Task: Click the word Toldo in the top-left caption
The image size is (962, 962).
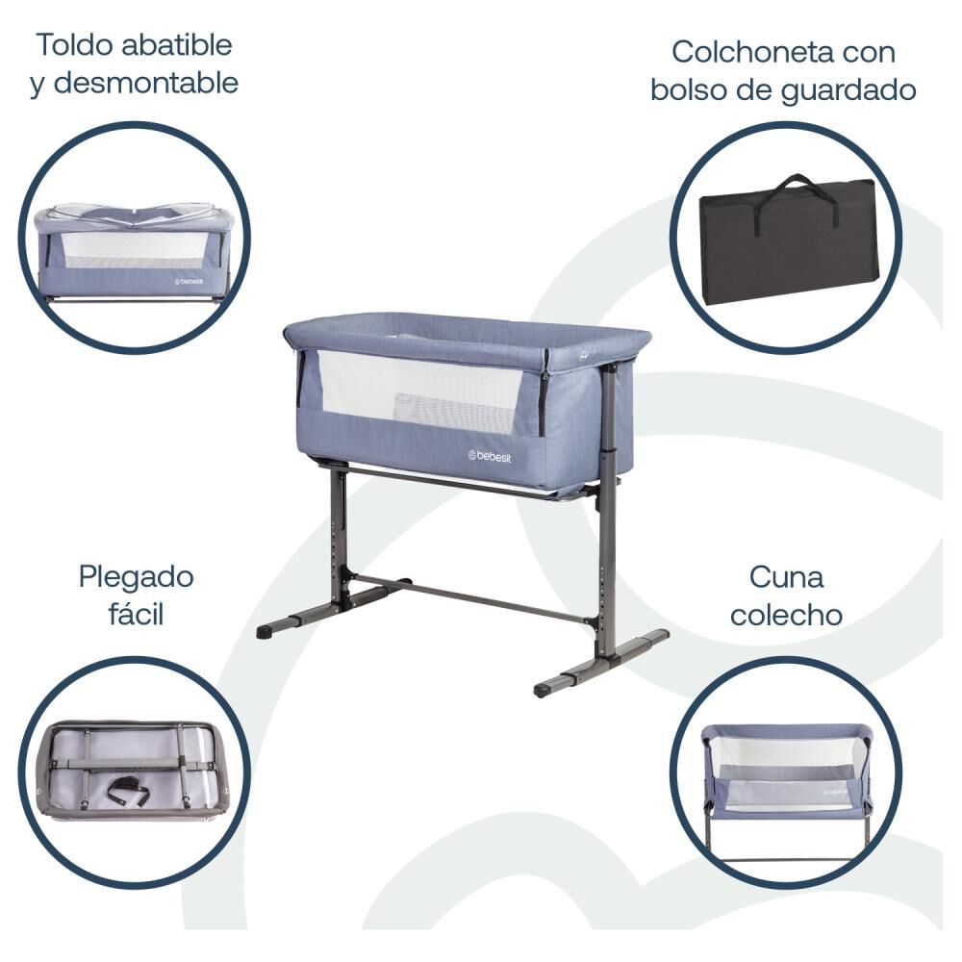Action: [74, 45]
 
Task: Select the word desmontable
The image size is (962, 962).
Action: [146, 83]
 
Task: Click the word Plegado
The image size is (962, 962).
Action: [137, 577]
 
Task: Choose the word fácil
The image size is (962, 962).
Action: [137, 614]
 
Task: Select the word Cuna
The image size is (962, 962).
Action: [786, 577]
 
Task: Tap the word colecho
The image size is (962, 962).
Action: [786, 616]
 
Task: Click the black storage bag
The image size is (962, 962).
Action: [789, 240]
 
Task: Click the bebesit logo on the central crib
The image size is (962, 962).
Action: [489, 456]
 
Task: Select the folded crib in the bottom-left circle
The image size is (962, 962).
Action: [135, 772]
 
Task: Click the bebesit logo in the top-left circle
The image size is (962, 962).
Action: [189, 282]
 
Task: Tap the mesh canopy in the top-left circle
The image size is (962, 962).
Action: [132, 215]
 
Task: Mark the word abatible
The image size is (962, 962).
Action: [177, 45]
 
